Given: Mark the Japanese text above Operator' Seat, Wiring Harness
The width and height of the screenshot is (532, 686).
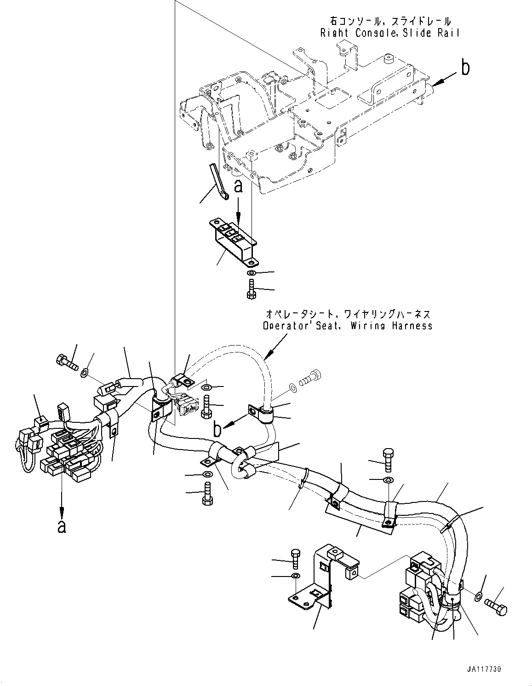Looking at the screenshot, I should click(348, 314).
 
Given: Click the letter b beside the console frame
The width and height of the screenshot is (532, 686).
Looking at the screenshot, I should click(465, 69).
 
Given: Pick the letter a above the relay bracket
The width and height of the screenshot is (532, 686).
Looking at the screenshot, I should click(238, 186).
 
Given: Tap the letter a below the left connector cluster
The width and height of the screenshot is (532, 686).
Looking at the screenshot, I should click(62, 526).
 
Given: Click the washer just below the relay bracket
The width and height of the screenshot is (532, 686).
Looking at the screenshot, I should click(251, 274).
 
